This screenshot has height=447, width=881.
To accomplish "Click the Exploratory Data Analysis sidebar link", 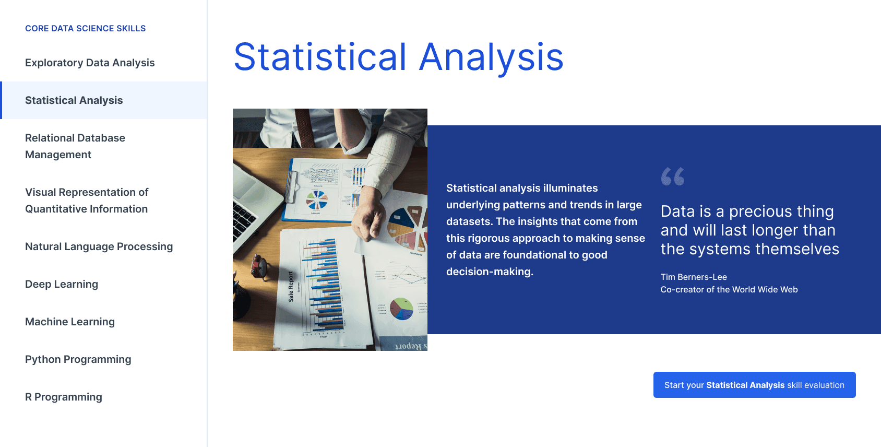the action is tap(90, 63).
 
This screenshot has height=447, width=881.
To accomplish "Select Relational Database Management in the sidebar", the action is tap(75, 146).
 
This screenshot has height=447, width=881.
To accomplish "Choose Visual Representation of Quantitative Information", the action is tap(87, 201).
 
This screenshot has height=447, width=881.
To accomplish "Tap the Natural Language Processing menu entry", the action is tap(99, 246).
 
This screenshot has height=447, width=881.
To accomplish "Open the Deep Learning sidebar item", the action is tap(62, 284).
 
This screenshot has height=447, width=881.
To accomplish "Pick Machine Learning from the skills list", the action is tap(70, 322).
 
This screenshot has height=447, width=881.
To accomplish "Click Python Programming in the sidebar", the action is tap(78, 359).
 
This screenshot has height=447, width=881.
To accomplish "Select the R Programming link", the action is tap(64, 397).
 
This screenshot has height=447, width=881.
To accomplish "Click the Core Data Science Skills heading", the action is tap(86, 28).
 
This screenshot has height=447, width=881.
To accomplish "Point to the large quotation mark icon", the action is tap(673, 177).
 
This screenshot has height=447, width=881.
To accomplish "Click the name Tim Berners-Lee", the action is tap(694, 277).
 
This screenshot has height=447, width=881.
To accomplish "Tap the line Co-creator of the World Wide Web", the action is tap(729, 290).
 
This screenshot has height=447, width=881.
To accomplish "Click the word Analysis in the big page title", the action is tap(491, 58).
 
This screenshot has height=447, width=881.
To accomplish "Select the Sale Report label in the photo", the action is tap(291, 287).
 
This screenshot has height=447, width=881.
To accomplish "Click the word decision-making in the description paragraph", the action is tap(490, 272).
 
